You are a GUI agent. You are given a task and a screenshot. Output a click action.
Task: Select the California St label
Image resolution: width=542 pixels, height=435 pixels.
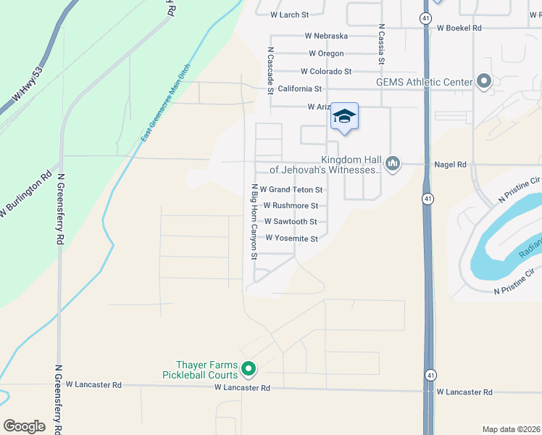point(299,88)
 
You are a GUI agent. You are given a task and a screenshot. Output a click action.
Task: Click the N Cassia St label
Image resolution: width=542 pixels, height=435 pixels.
point(380,44)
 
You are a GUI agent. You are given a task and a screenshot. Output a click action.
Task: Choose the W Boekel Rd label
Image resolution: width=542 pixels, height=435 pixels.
point(459,28)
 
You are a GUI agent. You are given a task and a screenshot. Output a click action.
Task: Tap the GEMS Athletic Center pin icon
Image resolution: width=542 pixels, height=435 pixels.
point(484,82)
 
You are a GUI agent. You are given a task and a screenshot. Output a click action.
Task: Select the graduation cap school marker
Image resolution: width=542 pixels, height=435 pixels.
point(344,116)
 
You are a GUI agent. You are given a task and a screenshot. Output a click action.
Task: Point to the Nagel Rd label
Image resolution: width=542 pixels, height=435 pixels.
point(451,165)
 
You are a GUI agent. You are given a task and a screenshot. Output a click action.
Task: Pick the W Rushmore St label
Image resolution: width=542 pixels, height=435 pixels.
point(291,206)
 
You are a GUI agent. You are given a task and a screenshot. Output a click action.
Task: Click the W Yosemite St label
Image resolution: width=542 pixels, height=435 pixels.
point(291,238)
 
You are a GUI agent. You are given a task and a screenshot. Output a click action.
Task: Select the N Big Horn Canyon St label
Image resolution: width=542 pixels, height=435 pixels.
point(254,222)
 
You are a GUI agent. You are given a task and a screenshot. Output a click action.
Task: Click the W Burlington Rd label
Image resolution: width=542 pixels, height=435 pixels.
point(26,194)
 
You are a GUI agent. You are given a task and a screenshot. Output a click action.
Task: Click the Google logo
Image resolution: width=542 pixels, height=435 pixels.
point(25,426)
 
